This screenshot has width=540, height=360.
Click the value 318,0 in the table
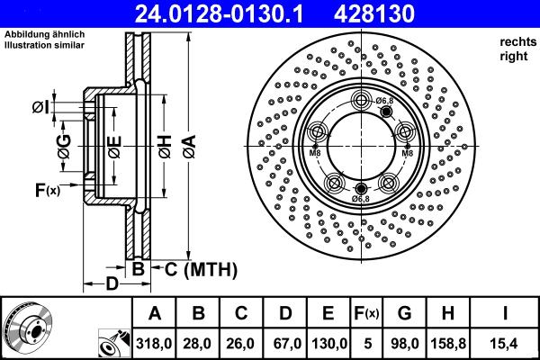point(154,342)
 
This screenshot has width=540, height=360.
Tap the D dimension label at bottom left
point(111,285)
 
